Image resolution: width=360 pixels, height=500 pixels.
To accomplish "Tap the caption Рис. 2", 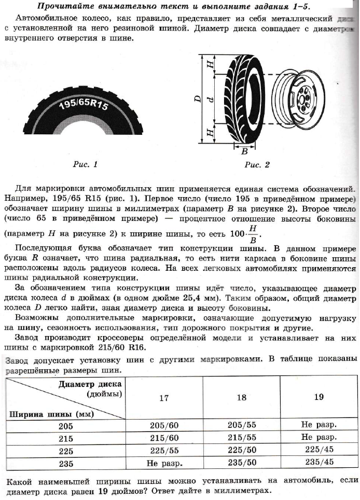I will (257, 165).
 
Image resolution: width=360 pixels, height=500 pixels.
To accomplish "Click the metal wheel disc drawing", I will (303, 99).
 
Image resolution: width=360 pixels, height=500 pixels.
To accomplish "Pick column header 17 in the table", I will (164, 398).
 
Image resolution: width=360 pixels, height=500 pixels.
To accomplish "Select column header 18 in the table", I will (241, 398).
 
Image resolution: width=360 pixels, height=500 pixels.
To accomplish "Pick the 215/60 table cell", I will (164, 438).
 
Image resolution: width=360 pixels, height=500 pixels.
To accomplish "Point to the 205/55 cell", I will (241, 426).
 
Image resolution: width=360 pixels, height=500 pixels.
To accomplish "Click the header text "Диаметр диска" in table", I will (90, 384).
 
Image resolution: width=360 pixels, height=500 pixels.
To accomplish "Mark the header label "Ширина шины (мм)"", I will (44, 414).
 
